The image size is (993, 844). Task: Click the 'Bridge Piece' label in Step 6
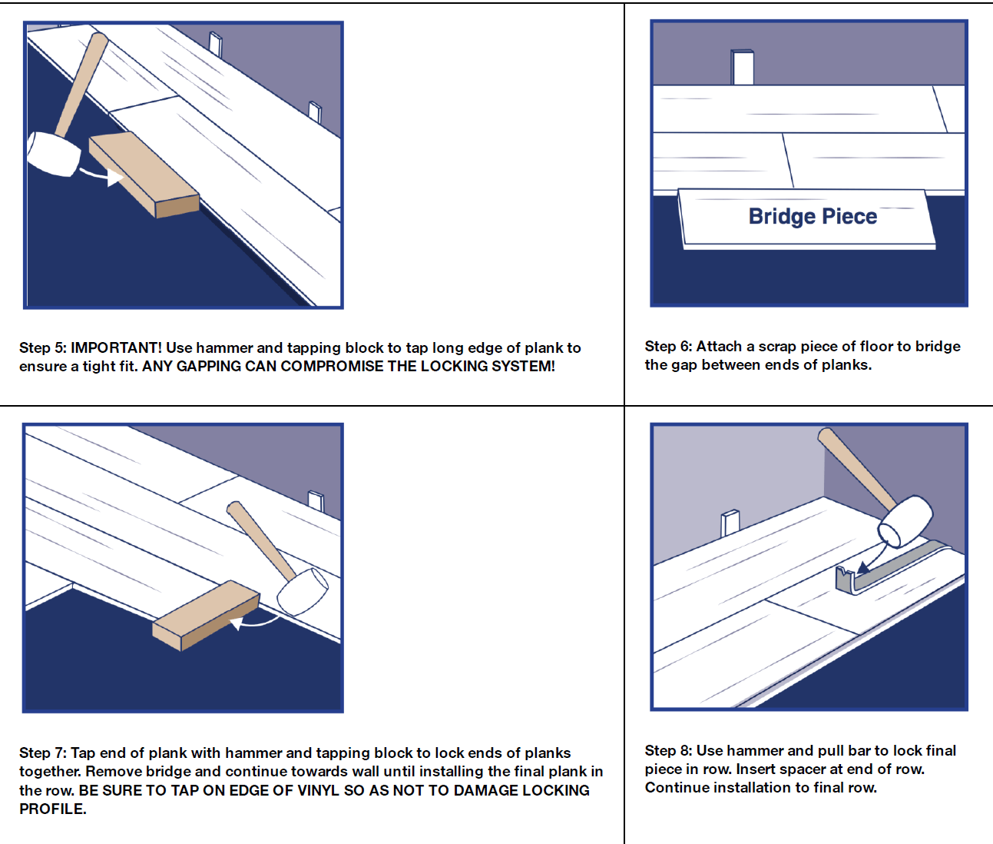point(813,217)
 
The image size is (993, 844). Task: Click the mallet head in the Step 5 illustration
point(53,154)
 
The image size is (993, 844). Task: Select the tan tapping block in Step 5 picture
point(144,174)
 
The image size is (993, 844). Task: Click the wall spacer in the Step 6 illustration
point(742,68)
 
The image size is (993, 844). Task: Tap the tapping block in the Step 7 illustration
point(206,615)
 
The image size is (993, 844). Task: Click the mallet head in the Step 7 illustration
point(303,592)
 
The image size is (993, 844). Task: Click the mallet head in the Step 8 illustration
point(905,522)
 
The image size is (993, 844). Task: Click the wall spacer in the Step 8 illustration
point(730,523)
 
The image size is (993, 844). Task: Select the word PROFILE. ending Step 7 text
point(53,809)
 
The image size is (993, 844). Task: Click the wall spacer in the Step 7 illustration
point(316,501)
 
